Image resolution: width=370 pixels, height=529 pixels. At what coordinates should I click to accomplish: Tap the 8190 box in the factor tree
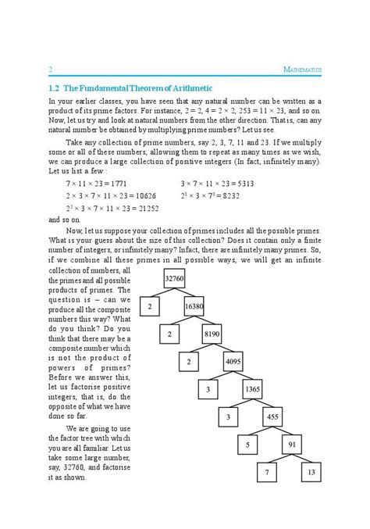point(212,334)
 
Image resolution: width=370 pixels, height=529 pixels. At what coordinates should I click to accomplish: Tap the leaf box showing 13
point(311,473)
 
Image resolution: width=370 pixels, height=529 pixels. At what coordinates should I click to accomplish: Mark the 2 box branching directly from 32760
point(149,307)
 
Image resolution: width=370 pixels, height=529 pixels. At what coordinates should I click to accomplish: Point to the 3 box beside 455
point(228,416)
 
